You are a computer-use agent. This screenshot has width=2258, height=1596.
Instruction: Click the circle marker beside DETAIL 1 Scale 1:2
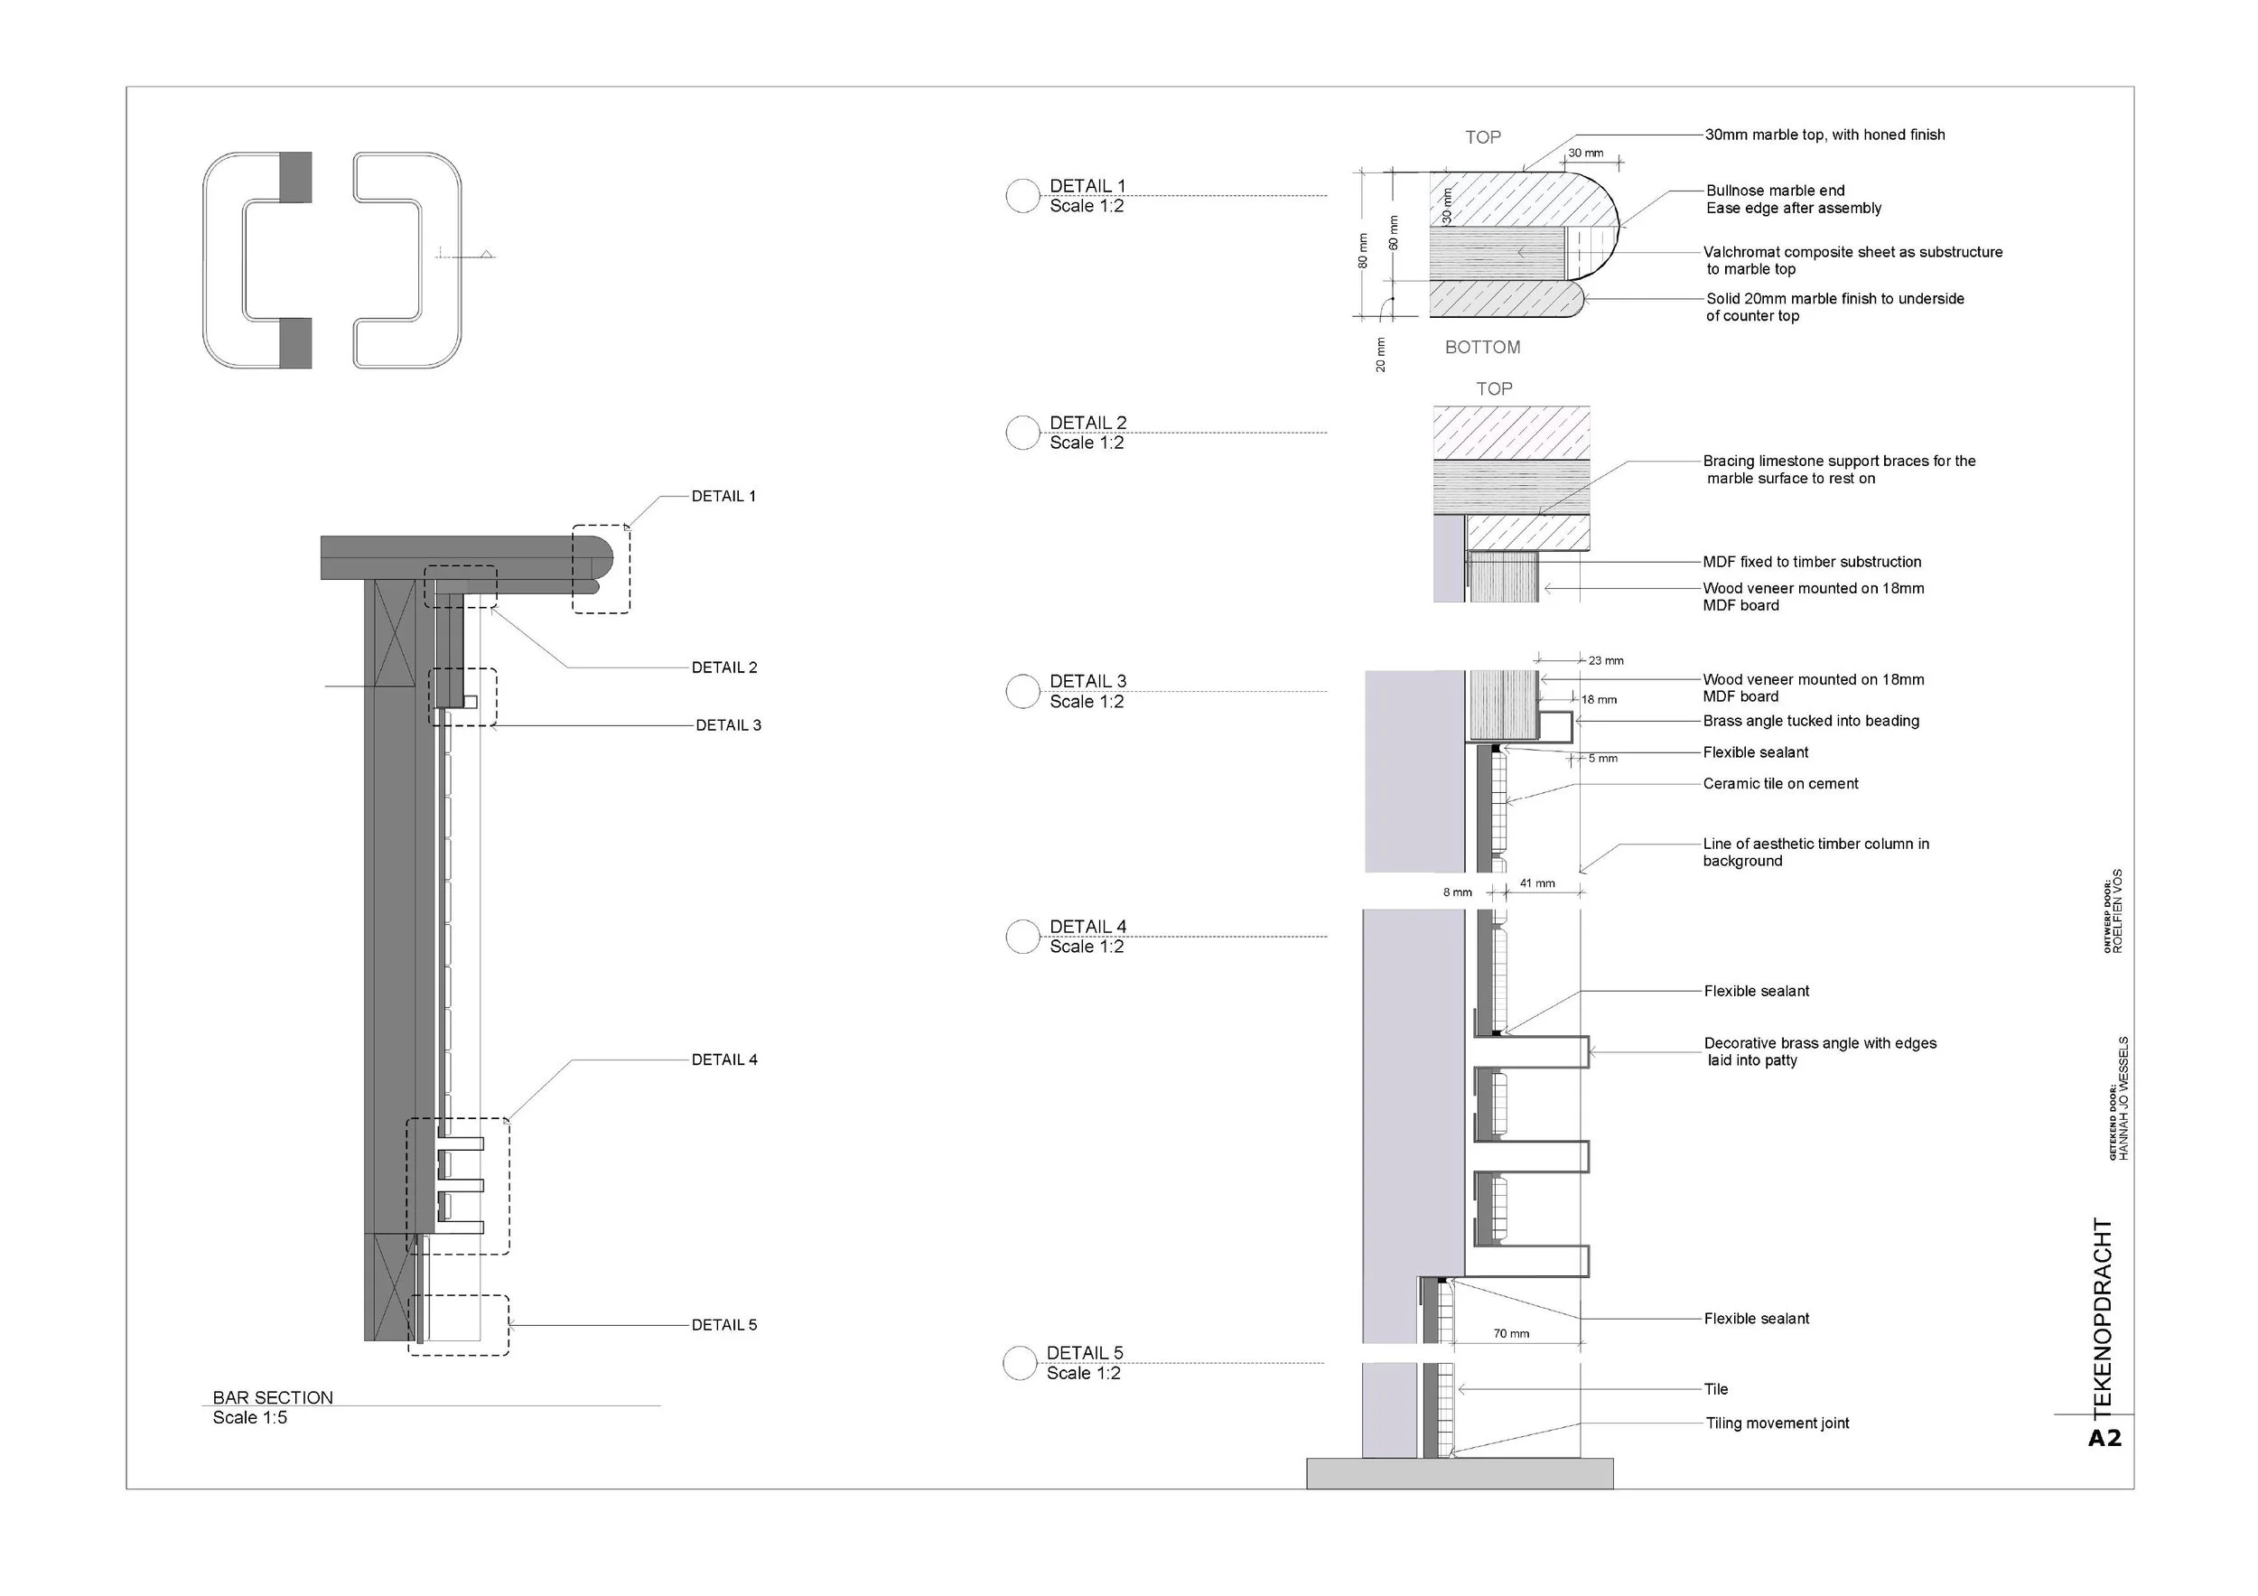point(1022,196)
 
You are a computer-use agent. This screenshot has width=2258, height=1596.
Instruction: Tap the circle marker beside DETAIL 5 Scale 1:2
point(1020,1363)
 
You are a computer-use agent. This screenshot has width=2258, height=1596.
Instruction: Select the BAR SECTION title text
point(273,1397)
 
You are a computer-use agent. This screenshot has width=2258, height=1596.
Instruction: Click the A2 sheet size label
point(2104,1439)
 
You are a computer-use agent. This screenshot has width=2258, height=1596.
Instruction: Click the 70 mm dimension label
point(1512,1333)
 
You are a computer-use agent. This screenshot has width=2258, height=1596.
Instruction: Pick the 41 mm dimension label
point(1537,883)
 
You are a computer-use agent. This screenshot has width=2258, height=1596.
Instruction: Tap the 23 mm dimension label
point(1606,661)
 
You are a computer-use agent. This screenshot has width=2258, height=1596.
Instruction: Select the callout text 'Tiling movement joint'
point(1777,1423)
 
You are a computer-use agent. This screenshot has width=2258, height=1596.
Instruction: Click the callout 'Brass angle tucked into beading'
point(1811,721)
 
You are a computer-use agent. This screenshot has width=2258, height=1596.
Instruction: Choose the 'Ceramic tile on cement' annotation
point(1780,784)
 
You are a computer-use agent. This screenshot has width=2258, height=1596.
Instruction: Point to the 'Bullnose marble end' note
point(1775,191)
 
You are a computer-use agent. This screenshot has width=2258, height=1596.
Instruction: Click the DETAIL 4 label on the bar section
point(723,1059)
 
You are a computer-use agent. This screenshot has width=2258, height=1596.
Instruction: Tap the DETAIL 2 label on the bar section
point(723,667)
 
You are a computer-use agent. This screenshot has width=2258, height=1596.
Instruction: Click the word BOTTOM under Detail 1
point(1482,347)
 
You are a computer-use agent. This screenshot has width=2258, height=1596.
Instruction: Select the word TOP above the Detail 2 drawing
point(1494,389)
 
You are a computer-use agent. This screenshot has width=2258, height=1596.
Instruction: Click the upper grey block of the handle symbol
point(295,177)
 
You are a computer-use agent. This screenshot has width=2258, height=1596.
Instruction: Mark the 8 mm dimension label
point(1458,893)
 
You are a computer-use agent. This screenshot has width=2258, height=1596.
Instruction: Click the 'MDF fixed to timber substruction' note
point(1812,562)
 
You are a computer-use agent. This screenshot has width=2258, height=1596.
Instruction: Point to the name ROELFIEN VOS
point(2117,910)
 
